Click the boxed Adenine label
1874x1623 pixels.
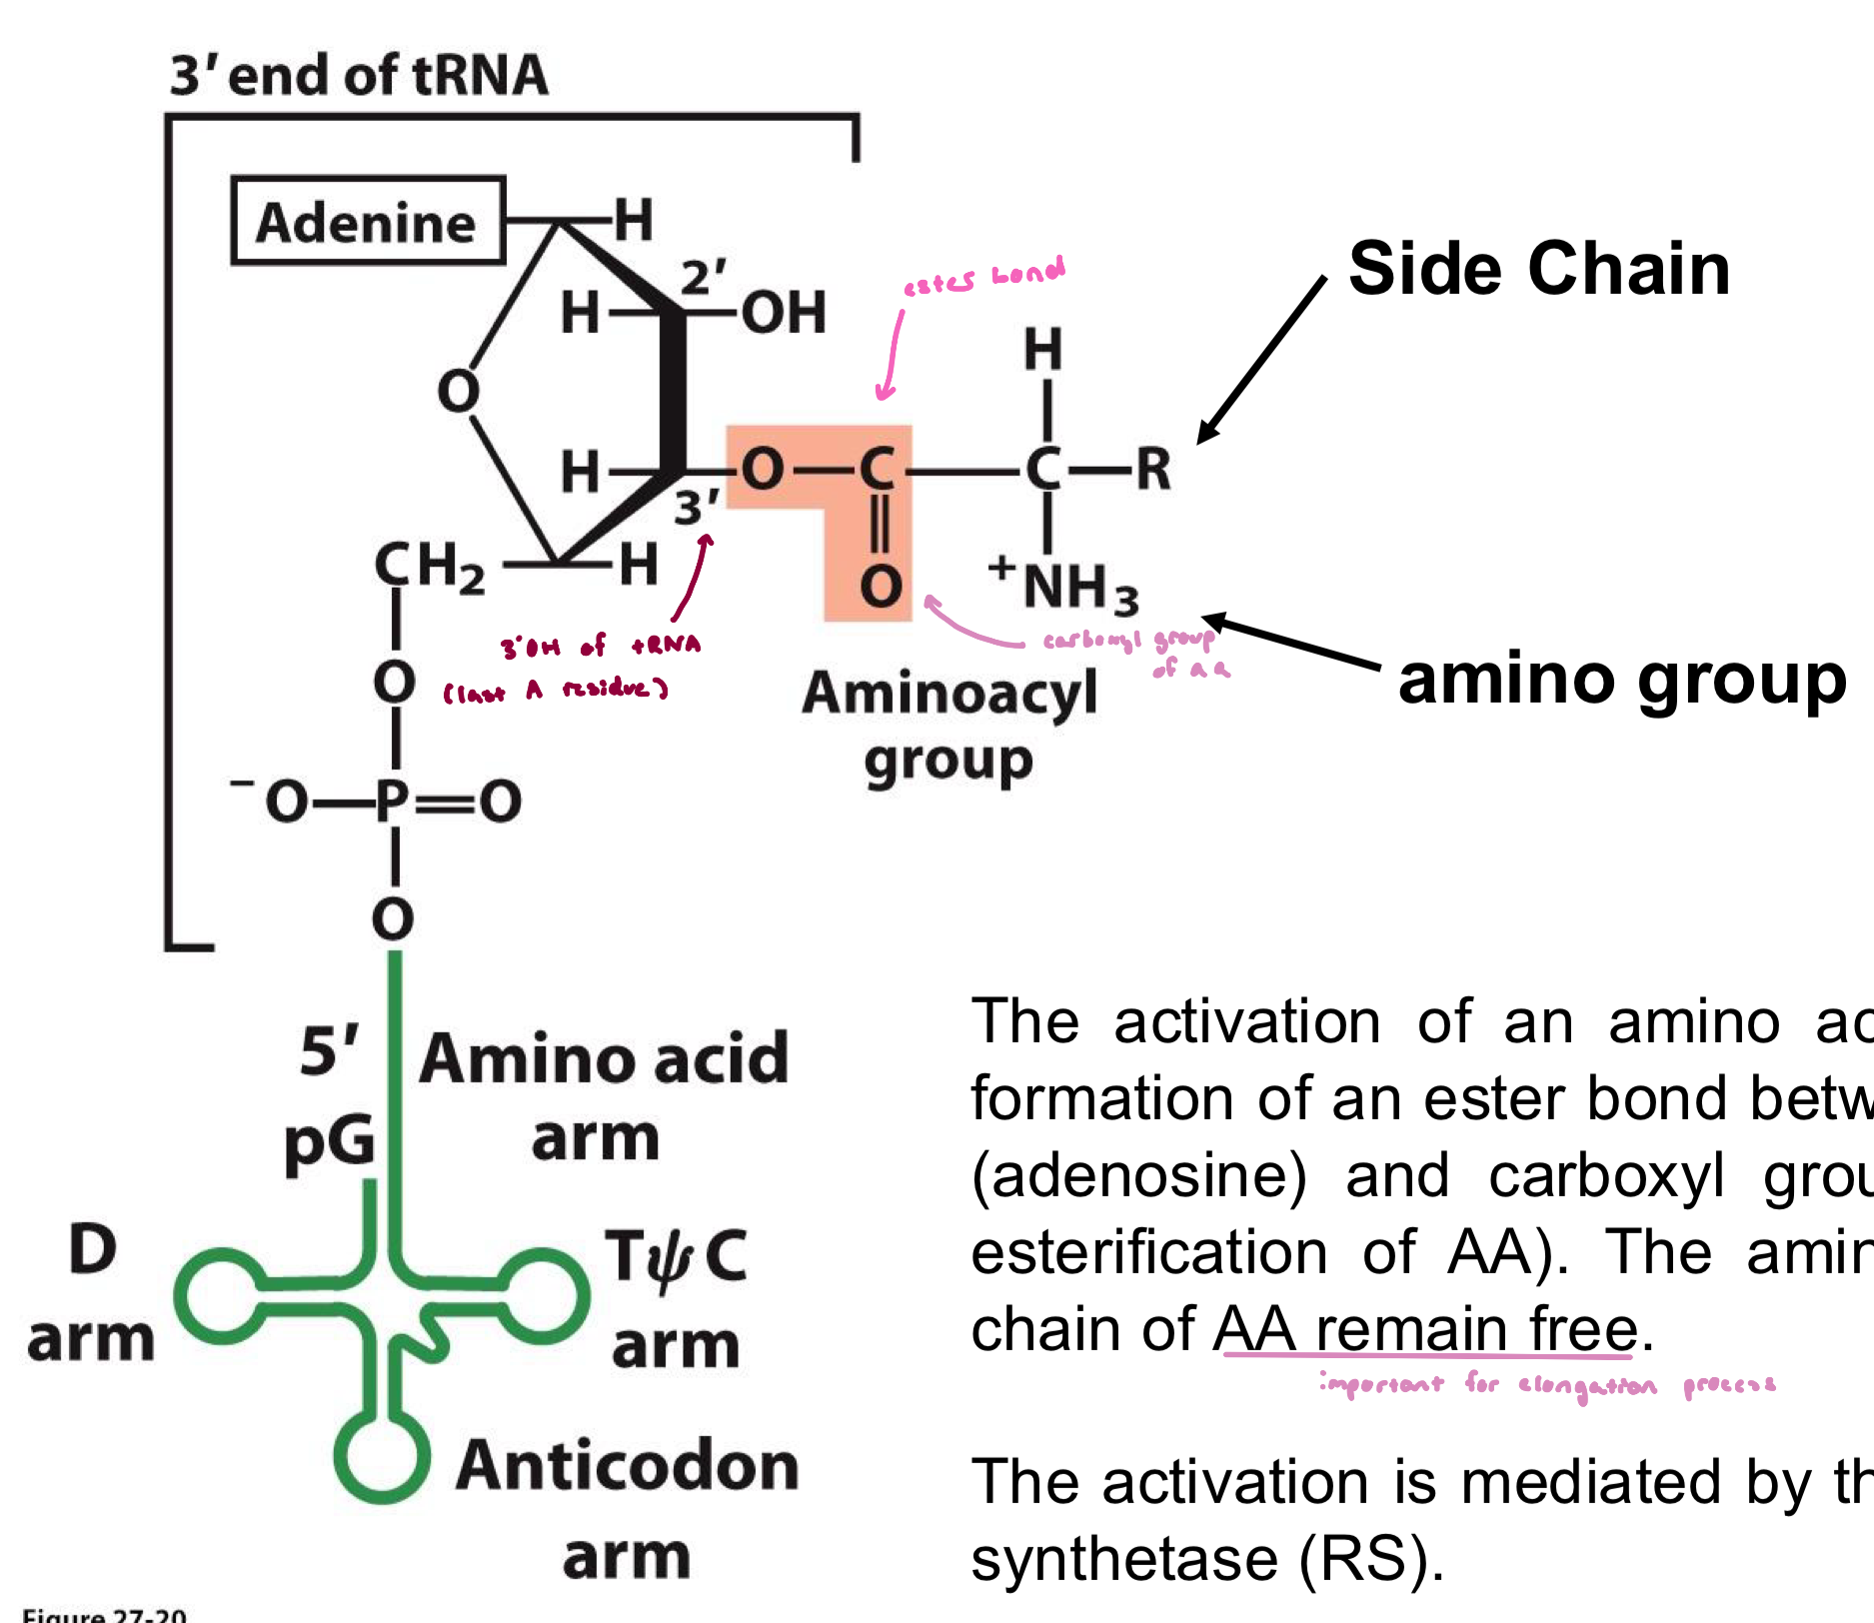click(x=368, y=221)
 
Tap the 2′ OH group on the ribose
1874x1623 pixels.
click(x=783, y=312)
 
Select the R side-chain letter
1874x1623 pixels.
click(x=1153, y=468)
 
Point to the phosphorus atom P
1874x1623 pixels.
click(x=394, y=801)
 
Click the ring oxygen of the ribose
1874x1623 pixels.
click(x=458, y=391)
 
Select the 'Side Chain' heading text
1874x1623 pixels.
click(x=1539, y=269)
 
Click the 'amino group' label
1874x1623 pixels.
click(x=1621, y=680)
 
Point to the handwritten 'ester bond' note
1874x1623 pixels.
click(x=983, y=277)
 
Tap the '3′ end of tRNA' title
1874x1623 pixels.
click(x=359, y=76)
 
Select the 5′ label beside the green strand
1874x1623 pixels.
click(x=329, y=1050)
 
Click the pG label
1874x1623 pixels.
click(x=329, y=1142)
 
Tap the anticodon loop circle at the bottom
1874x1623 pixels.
click(x=382, y=1454)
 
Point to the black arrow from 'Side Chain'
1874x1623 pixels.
click(x=1261, y=360)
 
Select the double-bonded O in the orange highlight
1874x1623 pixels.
click(x=881, y=587)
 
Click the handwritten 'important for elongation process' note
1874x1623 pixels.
click(x=1547, y=1385)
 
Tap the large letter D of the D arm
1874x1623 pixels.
click(x=93, y=1249)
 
